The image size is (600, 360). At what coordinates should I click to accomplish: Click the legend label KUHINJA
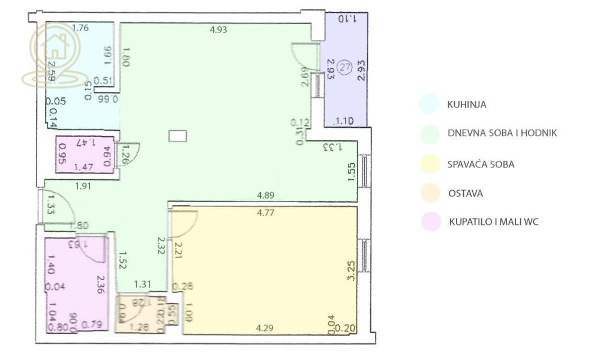click(466, 104)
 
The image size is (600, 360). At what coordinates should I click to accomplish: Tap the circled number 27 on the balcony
click(344, 67)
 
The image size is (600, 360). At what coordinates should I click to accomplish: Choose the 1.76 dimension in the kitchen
click(80, 28)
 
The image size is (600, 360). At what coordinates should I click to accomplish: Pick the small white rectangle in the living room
click(178, 136)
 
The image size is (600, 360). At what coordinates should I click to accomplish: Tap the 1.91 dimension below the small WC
click(84, 187)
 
